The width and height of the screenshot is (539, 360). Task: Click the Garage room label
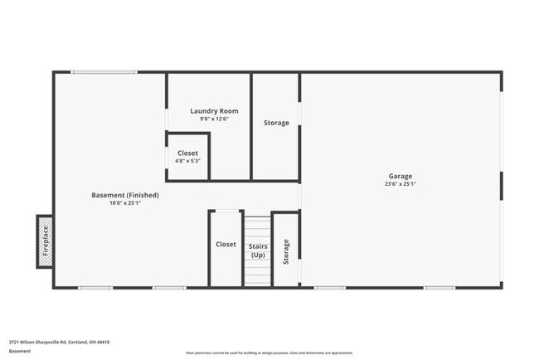[400, 176]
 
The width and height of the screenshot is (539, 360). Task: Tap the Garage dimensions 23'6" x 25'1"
[400, 184]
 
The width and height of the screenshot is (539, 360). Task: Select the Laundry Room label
[214, 111]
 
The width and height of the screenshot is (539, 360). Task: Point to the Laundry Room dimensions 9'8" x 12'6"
[214, 119]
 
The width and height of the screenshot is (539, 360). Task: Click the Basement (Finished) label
[125, 195]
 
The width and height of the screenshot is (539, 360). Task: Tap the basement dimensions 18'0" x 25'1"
[125, 203]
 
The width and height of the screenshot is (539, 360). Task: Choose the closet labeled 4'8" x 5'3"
[188, 153]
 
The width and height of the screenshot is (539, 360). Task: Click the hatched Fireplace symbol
[45, 241]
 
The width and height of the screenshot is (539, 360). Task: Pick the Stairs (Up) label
[258, 250]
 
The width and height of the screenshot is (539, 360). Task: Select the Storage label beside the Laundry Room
[276, 123]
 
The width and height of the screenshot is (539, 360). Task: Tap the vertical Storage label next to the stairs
[286, 251]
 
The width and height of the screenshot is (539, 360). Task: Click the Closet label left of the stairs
[226, 245]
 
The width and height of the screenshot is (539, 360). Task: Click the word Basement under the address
[20, 351]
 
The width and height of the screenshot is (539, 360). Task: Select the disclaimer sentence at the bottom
[269, 352]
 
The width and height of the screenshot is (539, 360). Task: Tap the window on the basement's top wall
[104, 72]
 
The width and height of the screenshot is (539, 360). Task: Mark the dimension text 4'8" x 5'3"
[188, 162]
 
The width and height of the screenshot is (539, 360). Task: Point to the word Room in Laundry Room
[228, 111]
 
